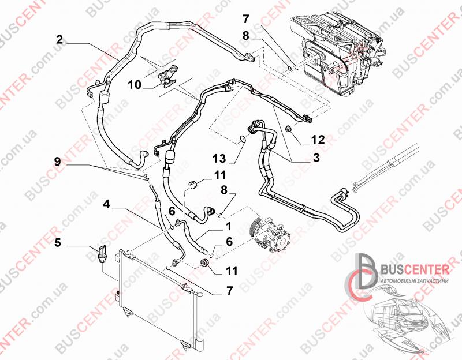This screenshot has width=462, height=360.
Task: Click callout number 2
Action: pos(59,40)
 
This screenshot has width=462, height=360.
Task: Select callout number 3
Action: pos(316,157)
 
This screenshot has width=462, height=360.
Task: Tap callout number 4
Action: pos(106,204)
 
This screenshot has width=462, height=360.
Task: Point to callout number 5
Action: pos(58,243)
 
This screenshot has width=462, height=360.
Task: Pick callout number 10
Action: pos(135,85)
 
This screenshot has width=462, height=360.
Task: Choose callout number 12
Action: pos(318,139)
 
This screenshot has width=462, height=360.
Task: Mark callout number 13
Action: pos(219,159)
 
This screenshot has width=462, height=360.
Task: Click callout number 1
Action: pos(228,227)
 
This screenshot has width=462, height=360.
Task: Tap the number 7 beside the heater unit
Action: pos(246,19)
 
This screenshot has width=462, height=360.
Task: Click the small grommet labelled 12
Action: pos(289,128)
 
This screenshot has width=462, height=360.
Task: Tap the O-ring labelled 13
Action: pos(243,138)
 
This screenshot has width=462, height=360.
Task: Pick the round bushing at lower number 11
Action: pos(204,262)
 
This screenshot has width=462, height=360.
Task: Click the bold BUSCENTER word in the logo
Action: pos(415,269)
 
